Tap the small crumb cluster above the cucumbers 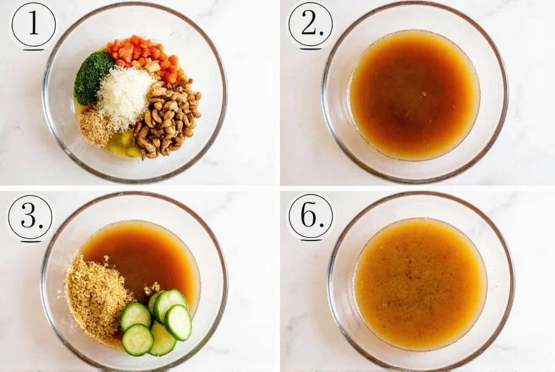(x=151, y=288)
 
